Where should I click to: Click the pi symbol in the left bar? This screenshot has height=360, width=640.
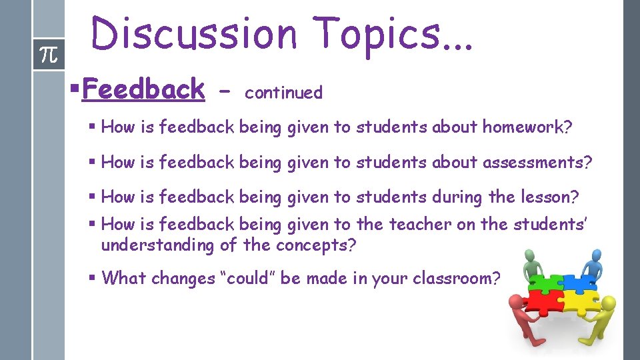click(x=49, y=55)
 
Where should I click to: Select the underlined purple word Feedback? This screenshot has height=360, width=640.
click(x=143, y=89)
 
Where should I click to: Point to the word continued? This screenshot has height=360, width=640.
click(x=283, y=93)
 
